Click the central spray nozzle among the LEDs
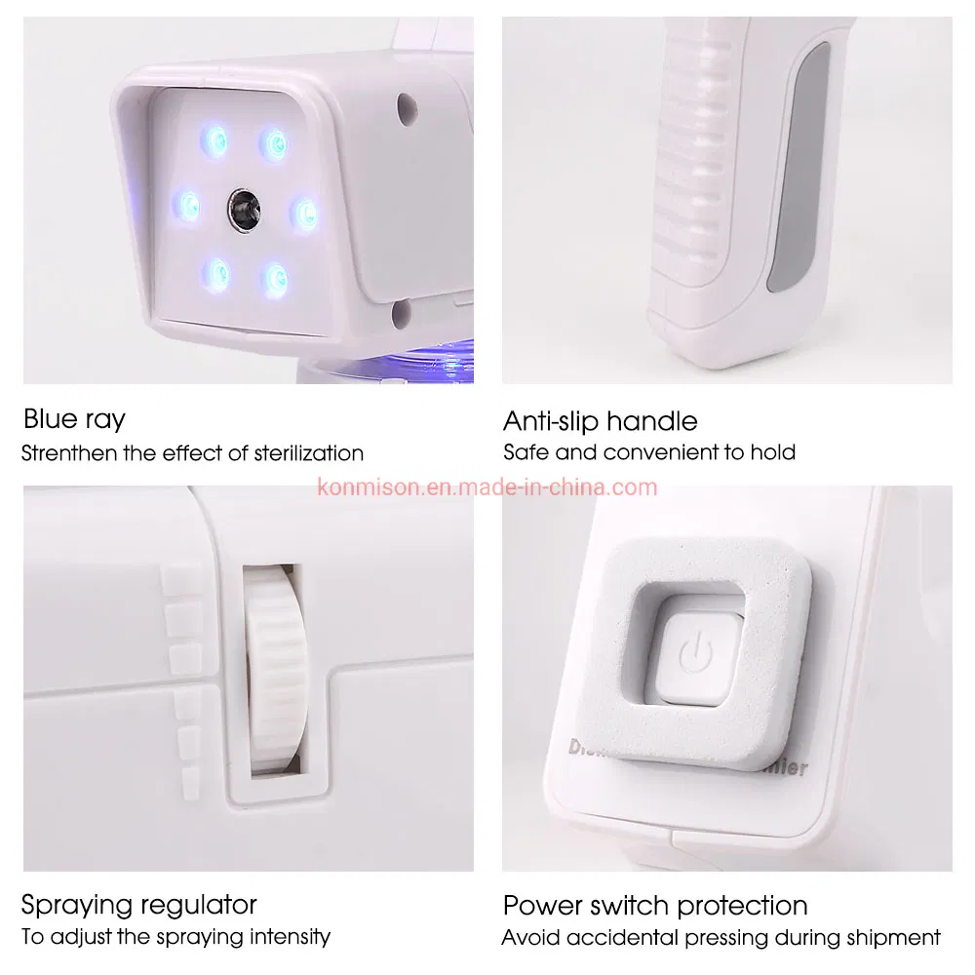[x=242, y=204]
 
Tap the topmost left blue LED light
[x=212, y=142]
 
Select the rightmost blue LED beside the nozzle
[x=306, y=211]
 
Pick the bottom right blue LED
[x=276, y=280]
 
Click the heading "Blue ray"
[x=74, y=420]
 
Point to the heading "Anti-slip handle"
[x=601, y=421]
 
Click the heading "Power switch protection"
[x=655, y=904]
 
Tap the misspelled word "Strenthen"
[x=66, y=453]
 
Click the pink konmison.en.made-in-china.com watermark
[x=488, y=487]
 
